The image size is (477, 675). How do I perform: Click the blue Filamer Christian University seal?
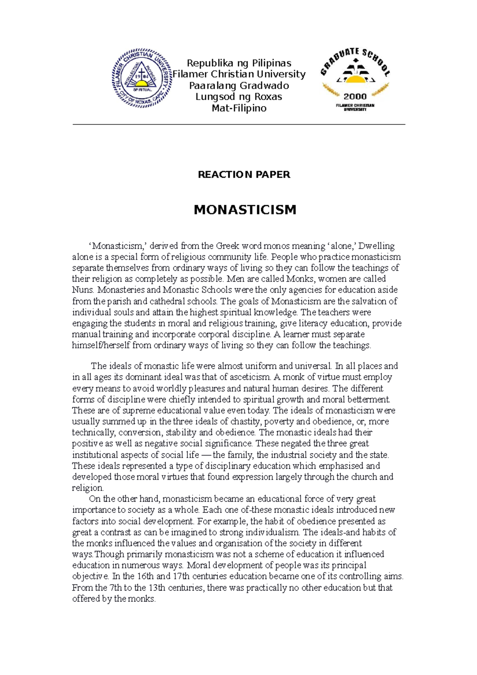pyautogui.click(x=142, y=78)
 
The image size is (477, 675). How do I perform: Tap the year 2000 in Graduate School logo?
pyautogui.click(x=355, y=96)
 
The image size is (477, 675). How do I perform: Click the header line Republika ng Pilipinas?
pyautogui.click(x=239, y=63)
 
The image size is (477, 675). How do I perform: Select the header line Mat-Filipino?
pyautogui.click(x=239, y=108)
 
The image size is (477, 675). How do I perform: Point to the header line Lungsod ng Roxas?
pyautogui.click(x=239, y=97)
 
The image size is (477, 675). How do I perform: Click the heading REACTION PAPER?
pyautogui.click(x=244, y=175)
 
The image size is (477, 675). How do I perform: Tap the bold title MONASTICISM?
pyautogui.click(x=245, y=209)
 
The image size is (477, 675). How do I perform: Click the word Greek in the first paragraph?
pyautogui.click(x=227, y=246)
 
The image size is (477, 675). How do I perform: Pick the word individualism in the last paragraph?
pyautogui.click(x=272, y=532)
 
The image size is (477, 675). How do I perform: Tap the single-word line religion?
pyautogui.click(x=87, y=488)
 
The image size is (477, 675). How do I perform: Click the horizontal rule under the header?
pyautogui.click(x=238, y=124)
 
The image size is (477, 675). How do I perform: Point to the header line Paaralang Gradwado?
pyautogui.click(x=239, y=85)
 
